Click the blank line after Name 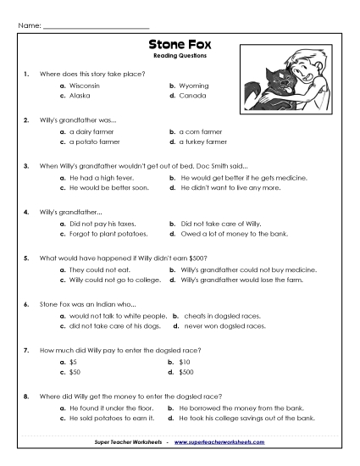click(x=95, y=25)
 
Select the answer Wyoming click(x=194, y=86)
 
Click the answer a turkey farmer click(x=203, y=142)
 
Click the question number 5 click(x=27, y=257)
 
